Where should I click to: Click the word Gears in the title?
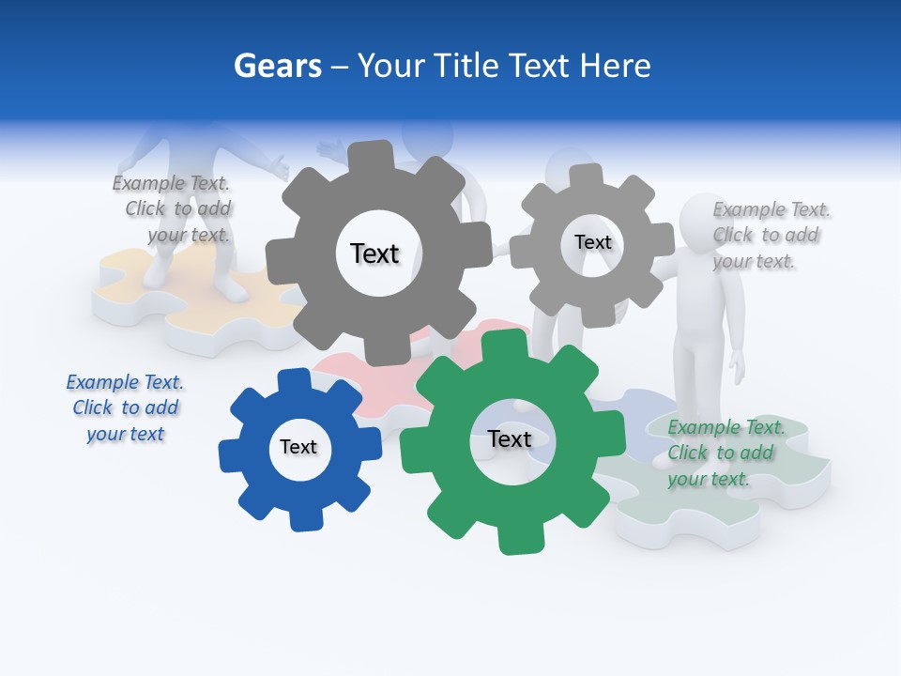[x=277, y=67]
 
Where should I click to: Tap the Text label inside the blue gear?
[x=298, y=448]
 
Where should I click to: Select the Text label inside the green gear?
[x=510, y=439]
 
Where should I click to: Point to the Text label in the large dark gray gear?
[x=374, y=253]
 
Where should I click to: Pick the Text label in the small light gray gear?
[x=593, y=242]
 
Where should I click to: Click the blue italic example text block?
[x=125, y=408]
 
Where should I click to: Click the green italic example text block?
[x=723, y=453]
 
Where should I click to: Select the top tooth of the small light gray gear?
[x=587, y=176]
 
